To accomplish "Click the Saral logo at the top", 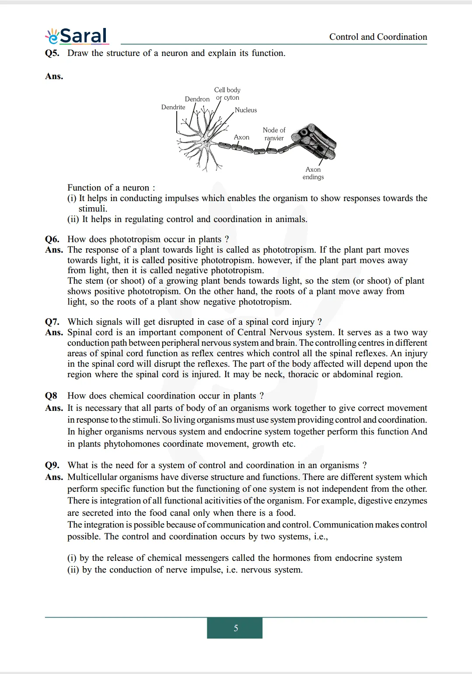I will [77, 36].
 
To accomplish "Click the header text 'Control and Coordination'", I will [378, 37].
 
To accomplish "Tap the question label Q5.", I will [52, 53].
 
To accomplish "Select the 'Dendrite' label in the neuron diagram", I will [173, 108].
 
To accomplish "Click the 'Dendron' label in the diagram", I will [197, 99].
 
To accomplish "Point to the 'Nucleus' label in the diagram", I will [246, 110].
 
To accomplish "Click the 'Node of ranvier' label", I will [274, 134].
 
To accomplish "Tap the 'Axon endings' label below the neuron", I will [313, 173].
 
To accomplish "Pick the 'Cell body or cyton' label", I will [227, 94].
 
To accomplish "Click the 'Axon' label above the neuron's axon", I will [241, 137].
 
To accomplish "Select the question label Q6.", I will [52, 240].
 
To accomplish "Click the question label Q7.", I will [52, 322].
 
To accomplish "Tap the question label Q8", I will [51, 396].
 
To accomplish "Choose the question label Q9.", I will [52, 466].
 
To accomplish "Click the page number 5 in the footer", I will [235, 628].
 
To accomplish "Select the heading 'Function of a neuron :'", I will [111, 188].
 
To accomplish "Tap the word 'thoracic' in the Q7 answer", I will [303, 375].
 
